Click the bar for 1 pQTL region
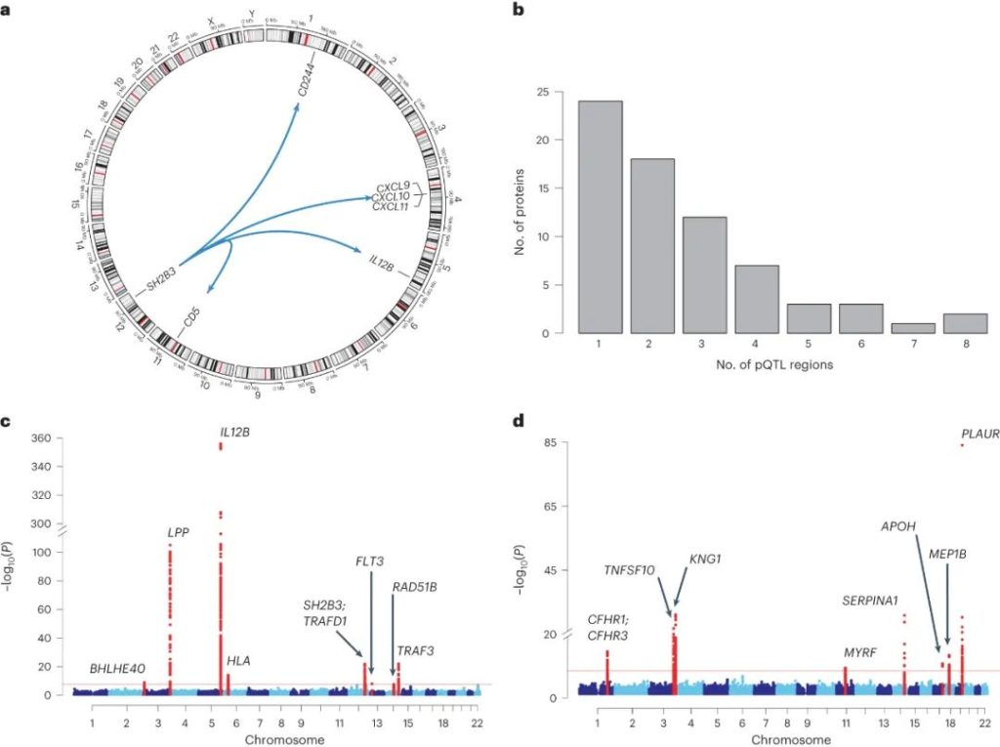600,217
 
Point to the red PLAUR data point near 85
962,444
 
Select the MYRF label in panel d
859,651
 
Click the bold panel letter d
529,422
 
